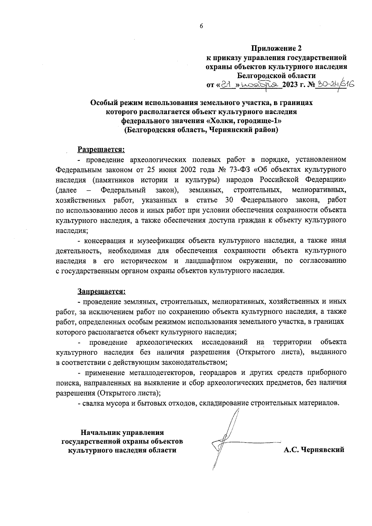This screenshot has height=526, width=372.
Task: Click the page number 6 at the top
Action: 201,27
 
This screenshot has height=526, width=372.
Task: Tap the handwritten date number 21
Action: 227,84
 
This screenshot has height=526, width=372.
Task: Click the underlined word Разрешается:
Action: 101,149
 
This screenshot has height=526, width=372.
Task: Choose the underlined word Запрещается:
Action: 101,291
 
